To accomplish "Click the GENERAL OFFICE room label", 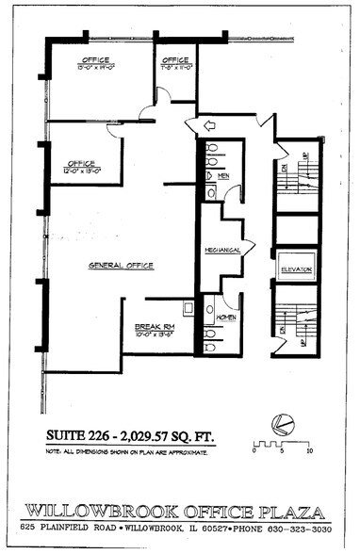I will tap(121, 266).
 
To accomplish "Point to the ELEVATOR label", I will tap(296, 270).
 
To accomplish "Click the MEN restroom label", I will tap(223, 176).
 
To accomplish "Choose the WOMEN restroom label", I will tap(225, 317).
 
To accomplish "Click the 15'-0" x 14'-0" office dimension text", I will tap(95, 68).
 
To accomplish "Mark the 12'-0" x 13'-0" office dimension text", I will tap(81, 171).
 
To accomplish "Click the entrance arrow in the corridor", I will tap(200, 125).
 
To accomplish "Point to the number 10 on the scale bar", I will tap(309, 452).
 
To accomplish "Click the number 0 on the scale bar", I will tap(254, 452).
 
